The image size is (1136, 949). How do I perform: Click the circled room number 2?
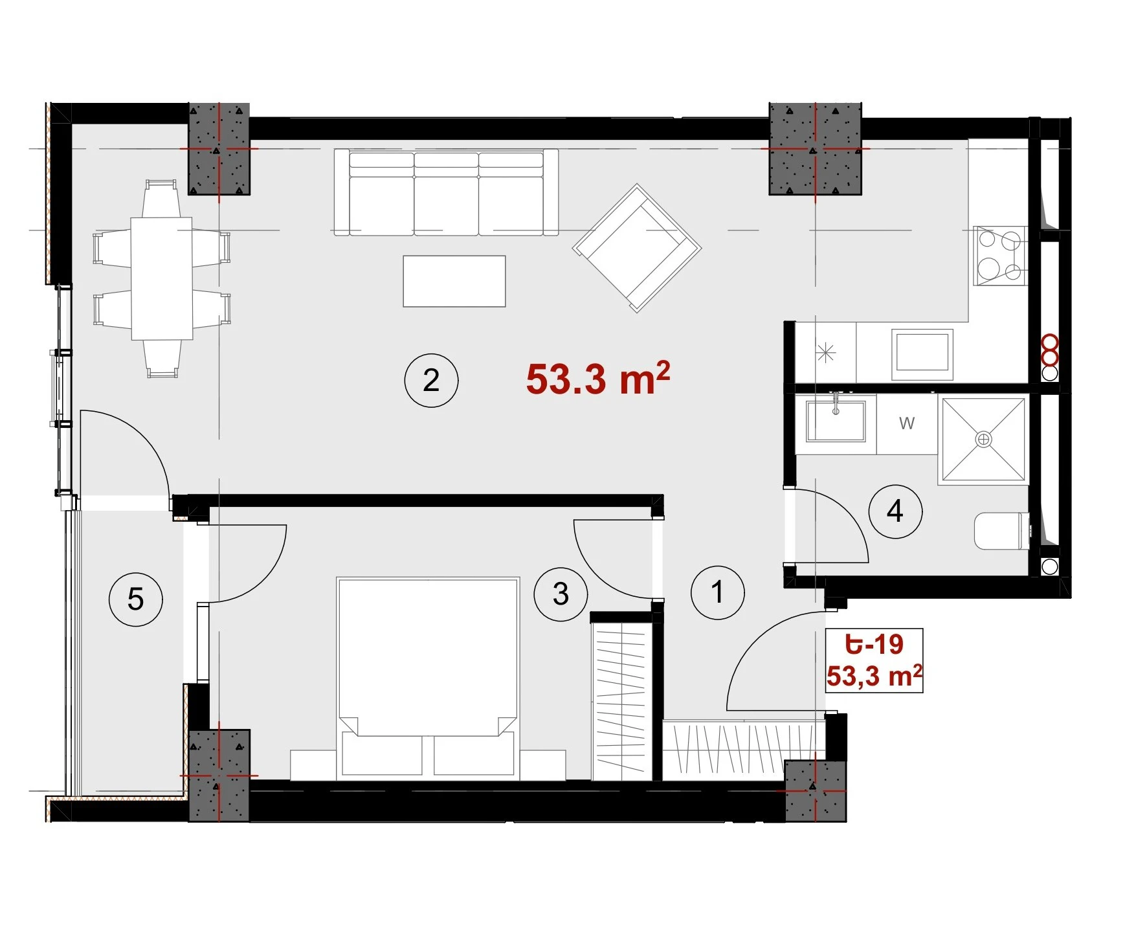431,380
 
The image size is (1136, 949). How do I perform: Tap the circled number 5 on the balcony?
135,599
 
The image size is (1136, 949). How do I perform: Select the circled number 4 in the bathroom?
895,511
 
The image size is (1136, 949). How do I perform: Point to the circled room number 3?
561,594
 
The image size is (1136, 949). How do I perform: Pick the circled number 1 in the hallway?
718,592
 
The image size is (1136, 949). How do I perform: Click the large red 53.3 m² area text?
597,378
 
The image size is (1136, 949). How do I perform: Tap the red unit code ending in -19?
874,644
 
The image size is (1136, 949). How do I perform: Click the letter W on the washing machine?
907,423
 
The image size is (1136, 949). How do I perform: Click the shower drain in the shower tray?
983,440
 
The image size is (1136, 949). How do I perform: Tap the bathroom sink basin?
836,421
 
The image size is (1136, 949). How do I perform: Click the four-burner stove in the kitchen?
1000,256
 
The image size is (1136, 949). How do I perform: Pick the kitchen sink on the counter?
922,355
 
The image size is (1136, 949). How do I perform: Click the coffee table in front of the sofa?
454,281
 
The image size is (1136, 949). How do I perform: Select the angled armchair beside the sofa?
637,248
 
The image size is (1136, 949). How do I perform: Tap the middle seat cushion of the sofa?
447,194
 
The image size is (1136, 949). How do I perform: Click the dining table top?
162,278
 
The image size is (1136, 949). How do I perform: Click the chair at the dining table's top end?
161,199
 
